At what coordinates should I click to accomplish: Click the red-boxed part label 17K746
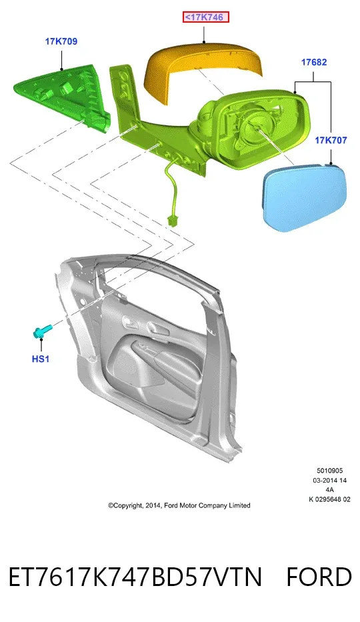point(206,17)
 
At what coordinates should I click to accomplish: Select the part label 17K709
point(61,41)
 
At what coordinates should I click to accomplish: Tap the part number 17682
point(314,62)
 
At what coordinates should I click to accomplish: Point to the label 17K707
point(331,140)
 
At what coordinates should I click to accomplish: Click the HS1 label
point(41,359)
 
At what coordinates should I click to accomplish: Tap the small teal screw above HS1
point(41,331)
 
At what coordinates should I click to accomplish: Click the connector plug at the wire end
point(173,221)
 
